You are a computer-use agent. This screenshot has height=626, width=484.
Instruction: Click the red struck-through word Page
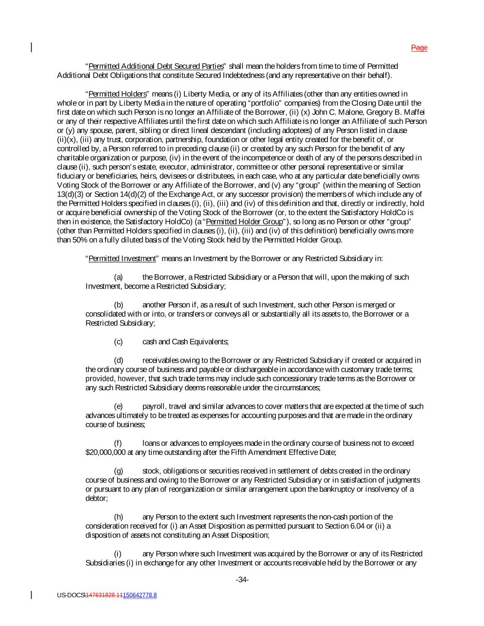(x=419, y=48)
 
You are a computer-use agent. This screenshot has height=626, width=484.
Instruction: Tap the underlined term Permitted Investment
(x=122, y=259)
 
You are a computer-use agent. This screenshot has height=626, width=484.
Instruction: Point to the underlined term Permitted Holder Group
(x=245, y=222)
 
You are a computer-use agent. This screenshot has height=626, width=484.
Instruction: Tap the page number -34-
(x=242, y=580)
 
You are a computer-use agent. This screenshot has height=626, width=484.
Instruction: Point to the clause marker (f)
(x=118, y=443)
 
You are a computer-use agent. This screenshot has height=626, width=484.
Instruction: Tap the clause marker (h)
(x=118, y=517)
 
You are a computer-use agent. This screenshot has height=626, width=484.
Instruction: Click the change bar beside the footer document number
(x=32, y=595)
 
